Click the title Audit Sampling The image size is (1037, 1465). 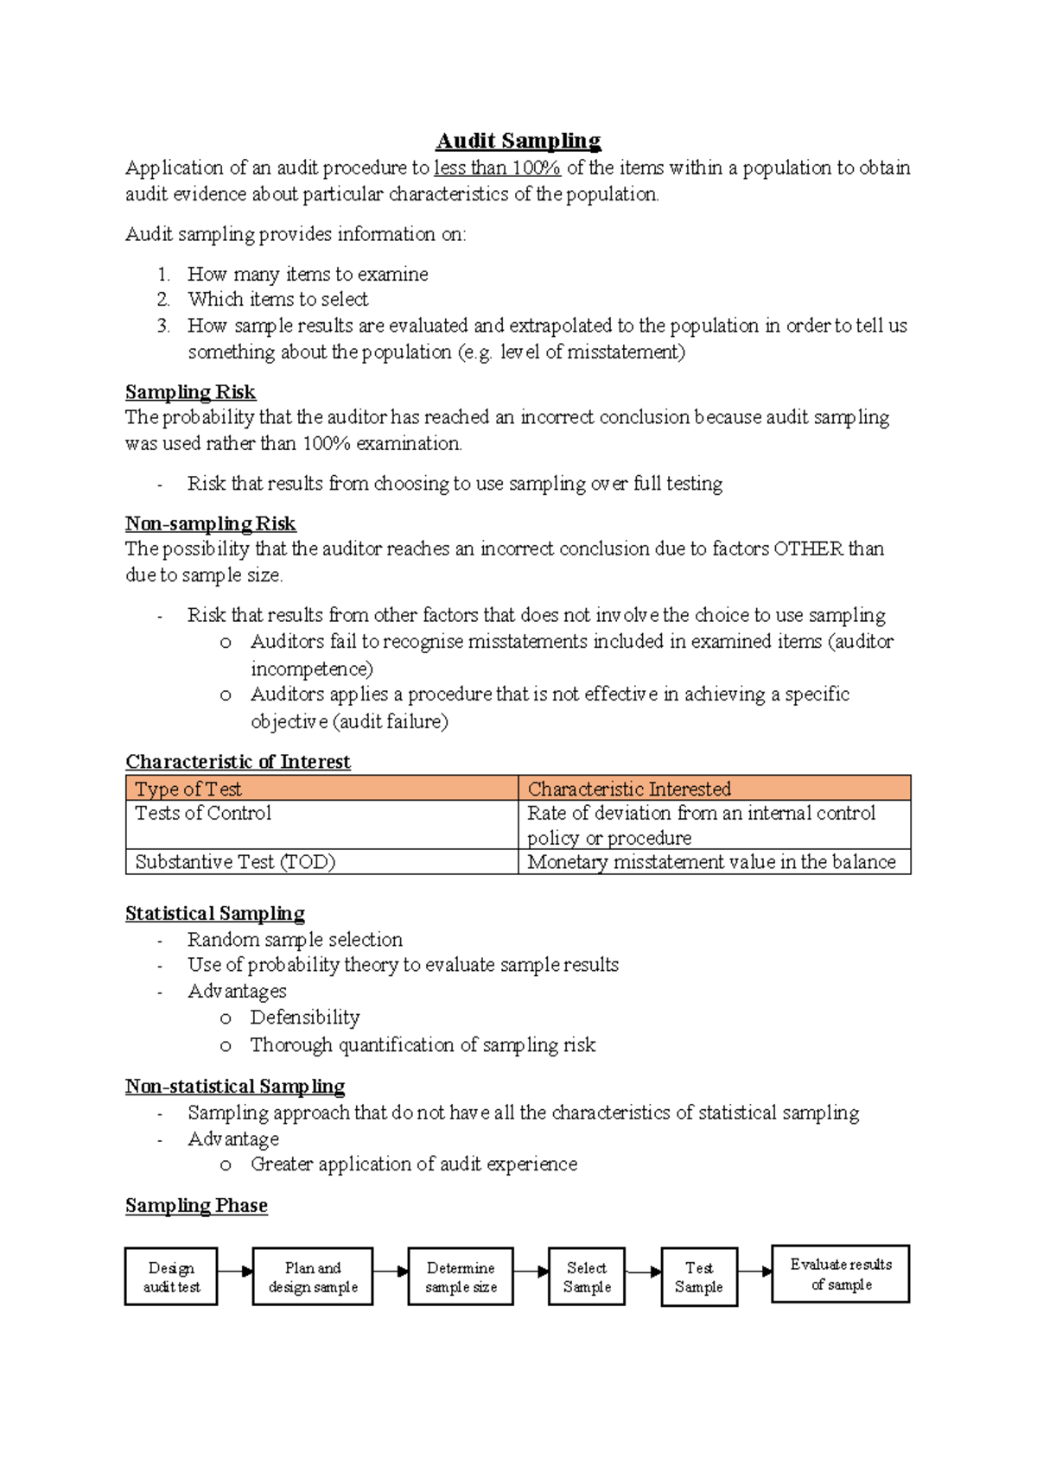click(518, 141)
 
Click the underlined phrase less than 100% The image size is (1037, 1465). click(497, 168)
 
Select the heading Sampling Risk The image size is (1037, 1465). click(190, 392)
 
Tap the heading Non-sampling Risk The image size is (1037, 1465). click(210, 523)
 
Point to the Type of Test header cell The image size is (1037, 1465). click(321, 789)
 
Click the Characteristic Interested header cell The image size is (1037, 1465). click(714, 789)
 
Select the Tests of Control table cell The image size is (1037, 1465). click(321, 824)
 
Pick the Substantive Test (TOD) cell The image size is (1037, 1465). click(321, 862)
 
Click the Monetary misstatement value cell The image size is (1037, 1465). click(714, 862)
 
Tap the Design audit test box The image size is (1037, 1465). click(171, 1277)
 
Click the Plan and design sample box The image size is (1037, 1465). click(313, 1277)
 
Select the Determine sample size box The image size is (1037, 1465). click(461, 1277)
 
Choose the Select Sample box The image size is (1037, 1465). click(587, 1277)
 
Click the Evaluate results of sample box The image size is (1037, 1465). click(841, 1273)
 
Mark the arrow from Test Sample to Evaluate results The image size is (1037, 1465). click(755, 1272)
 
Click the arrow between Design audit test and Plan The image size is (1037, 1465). click(235, 1272)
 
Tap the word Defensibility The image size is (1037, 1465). click(305, 1018)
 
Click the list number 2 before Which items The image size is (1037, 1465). click(163, 300)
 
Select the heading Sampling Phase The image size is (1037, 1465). click(196, 1206)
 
